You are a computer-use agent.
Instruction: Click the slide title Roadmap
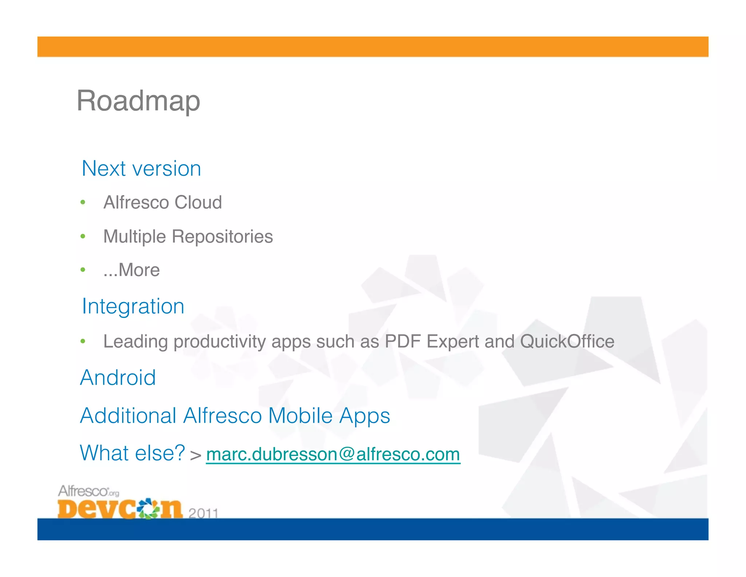(x=138, y=101)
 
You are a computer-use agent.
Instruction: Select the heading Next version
(x=141, y=169)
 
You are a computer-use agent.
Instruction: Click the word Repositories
(x=222, y=236)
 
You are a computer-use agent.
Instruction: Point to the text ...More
(x=131, y=270)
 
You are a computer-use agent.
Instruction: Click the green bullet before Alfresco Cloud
(x=83, y=202)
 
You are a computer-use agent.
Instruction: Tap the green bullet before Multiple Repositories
(x=83, y=236)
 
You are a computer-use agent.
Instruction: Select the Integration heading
(x=133, y=306)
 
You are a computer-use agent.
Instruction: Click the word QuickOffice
(x=567, y=341)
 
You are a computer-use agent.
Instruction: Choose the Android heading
(x=118, y=377)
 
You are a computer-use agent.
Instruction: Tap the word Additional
(x=128, y=415)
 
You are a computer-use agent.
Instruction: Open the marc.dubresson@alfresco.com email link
(x=333, y=454)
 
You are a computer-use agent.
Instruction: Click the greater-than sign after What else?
(x=196, y=455)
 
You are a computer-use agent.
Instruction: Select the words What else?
(x=133, y=453)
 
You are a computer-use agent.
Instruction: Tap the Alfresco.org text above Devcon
(x=89, y=491)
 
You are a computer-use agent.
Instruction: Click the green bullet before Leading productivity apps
(x=83, y=341)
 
